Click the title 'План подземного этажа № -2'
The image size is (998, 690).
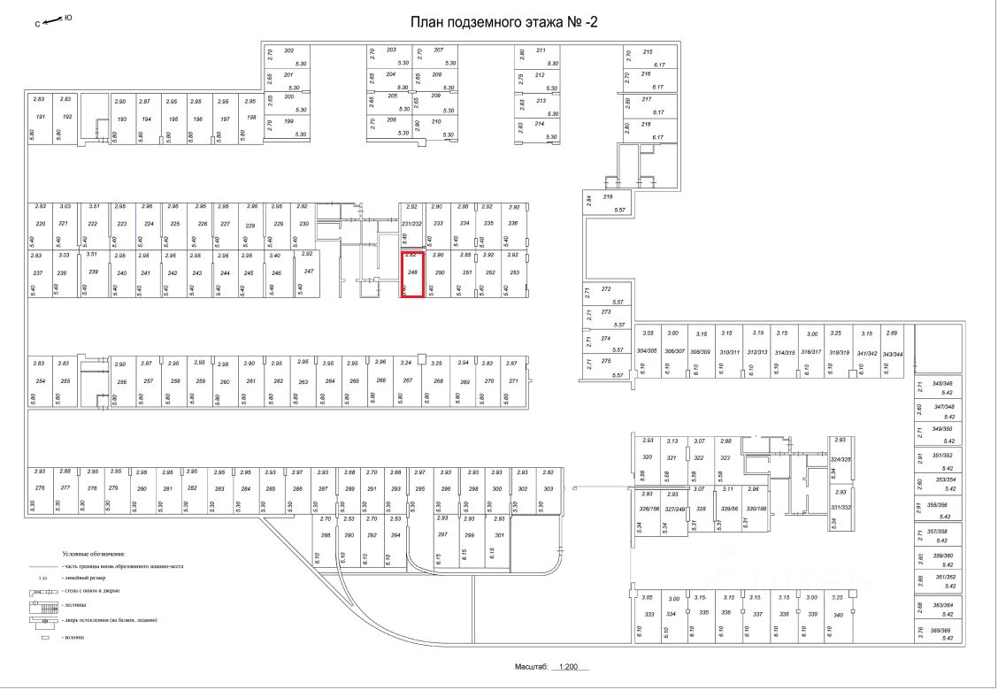pos(504,22)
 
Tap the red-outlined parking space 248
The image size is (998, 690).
pos(413,274)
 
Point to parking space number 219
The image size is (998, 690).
pos(608,197)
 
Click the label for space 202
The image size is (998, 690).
pos(288,50)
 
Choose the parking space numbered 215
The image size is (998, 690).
pos(647,52)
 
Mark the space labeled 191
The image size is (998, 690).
pos(40,118)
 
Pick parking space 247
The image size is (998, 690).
pos(309,272)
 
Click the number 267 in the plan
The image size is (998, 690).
pos(408,380)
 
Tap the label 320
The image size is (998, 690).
pos(647,457)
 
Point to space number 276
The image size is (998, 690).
pos(40,488)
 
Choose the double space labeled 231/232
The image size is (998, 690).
pos(412,224)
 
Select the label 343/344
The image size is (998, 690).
pos(894,353)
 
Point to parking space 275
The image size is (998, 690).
pos(606,362)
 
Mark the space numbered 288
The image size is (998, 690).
pos(326,535)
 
